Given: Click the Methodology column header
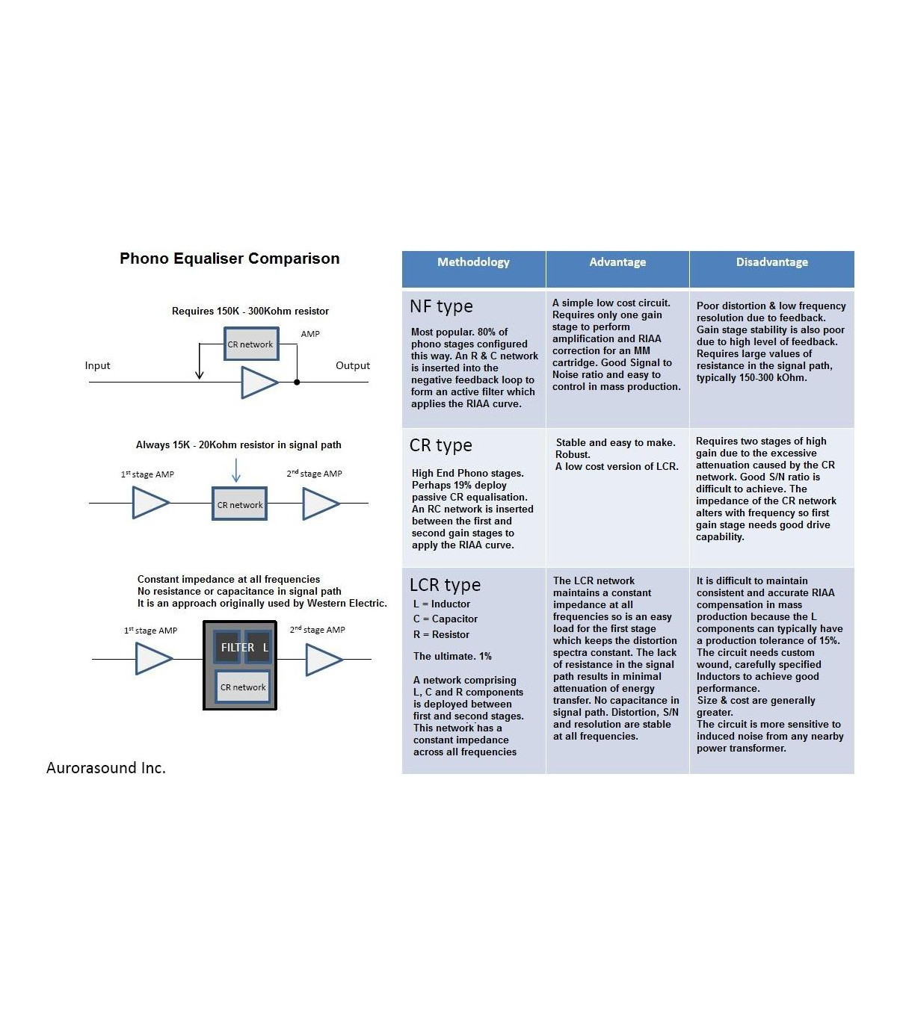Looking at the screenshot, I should pos(473,262).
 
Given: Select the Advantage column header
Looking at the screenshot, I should pos(617,262).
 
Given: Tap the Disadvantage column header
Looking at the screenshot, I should pos(771,262).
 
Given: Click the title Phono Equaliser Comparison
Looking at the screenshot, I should pos(229,258).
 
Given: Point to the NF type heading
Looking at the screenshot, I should pos(441,306).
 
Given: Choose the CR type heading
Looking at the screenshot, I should pos(440,445).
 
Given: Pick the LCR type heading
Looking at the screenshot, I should pos(445,585).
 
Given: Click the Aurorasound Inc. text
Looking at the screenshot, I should pos(106,768).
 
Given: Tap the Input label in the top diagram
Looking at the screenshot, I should pos(97,365).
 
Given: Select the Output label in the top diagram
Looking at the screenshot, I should pos(353,365).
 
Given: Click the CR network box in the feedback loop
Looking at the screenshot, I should pos(251,344).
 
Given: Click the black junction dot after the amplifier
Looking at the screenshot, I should pos(297,383).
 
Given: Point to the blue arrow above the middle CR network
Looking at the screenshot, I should pos(236,470).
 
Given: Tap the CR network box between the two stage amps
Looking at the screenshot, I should pos(240,504).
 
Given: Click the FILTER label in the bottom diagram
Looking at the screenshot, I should pos(237,647).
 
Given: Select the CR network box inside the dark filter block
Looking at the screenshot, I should pos(243,687).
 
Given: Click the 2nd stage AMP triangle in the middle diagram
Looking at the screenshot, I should pos(321,504).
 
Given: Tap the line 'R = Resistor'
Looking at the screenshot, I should pos(441,634).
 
